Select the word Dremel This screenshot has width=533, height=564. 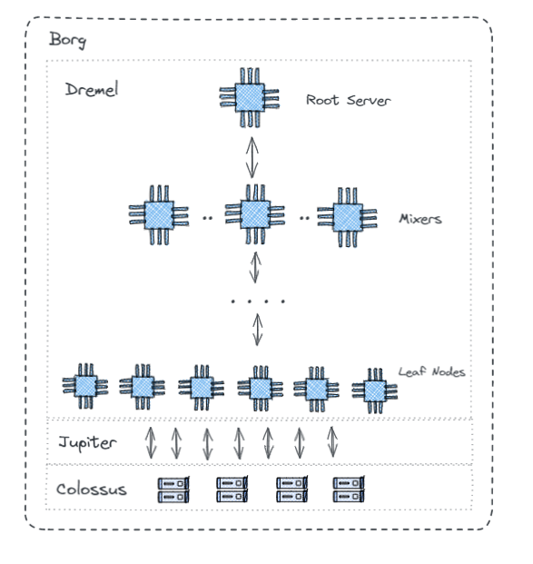(x=92, y=91)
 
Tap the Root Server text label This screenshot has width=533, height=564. (x=348, y=100)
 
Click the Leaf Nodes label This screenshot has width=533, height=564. (x=432, y=371)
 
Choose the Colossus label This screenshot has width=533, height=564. (x=91, y=490)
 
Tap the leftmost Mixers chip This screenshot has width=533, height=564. (x=158, y=215)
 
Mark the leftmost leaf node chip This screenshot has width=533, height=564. (x=84, y=386)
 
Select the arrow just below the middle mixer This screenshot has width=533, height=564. (x=255, y=268)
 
